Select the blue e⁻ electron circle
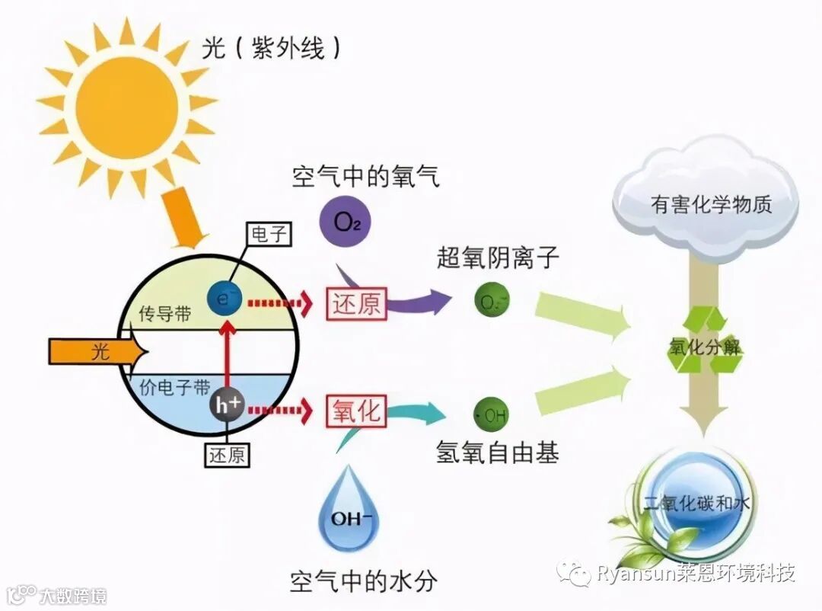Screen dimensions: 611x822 tap(225, 296)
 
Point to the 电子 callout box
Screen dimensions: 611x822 tap(269, 233)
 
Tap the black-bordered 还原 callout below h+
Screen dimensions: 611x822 tap(227, 455)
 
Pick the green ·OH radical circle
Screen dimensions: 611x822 tap(492, 416)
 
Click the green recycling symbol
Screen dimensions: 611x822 tap(706, 341)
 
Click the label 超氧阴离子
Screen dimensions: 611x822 tap(498, 258)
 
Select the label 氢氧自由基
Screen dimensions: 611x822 tap(498, 453)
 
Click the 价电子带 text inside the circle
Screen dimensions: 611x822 tap(175, 386)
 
